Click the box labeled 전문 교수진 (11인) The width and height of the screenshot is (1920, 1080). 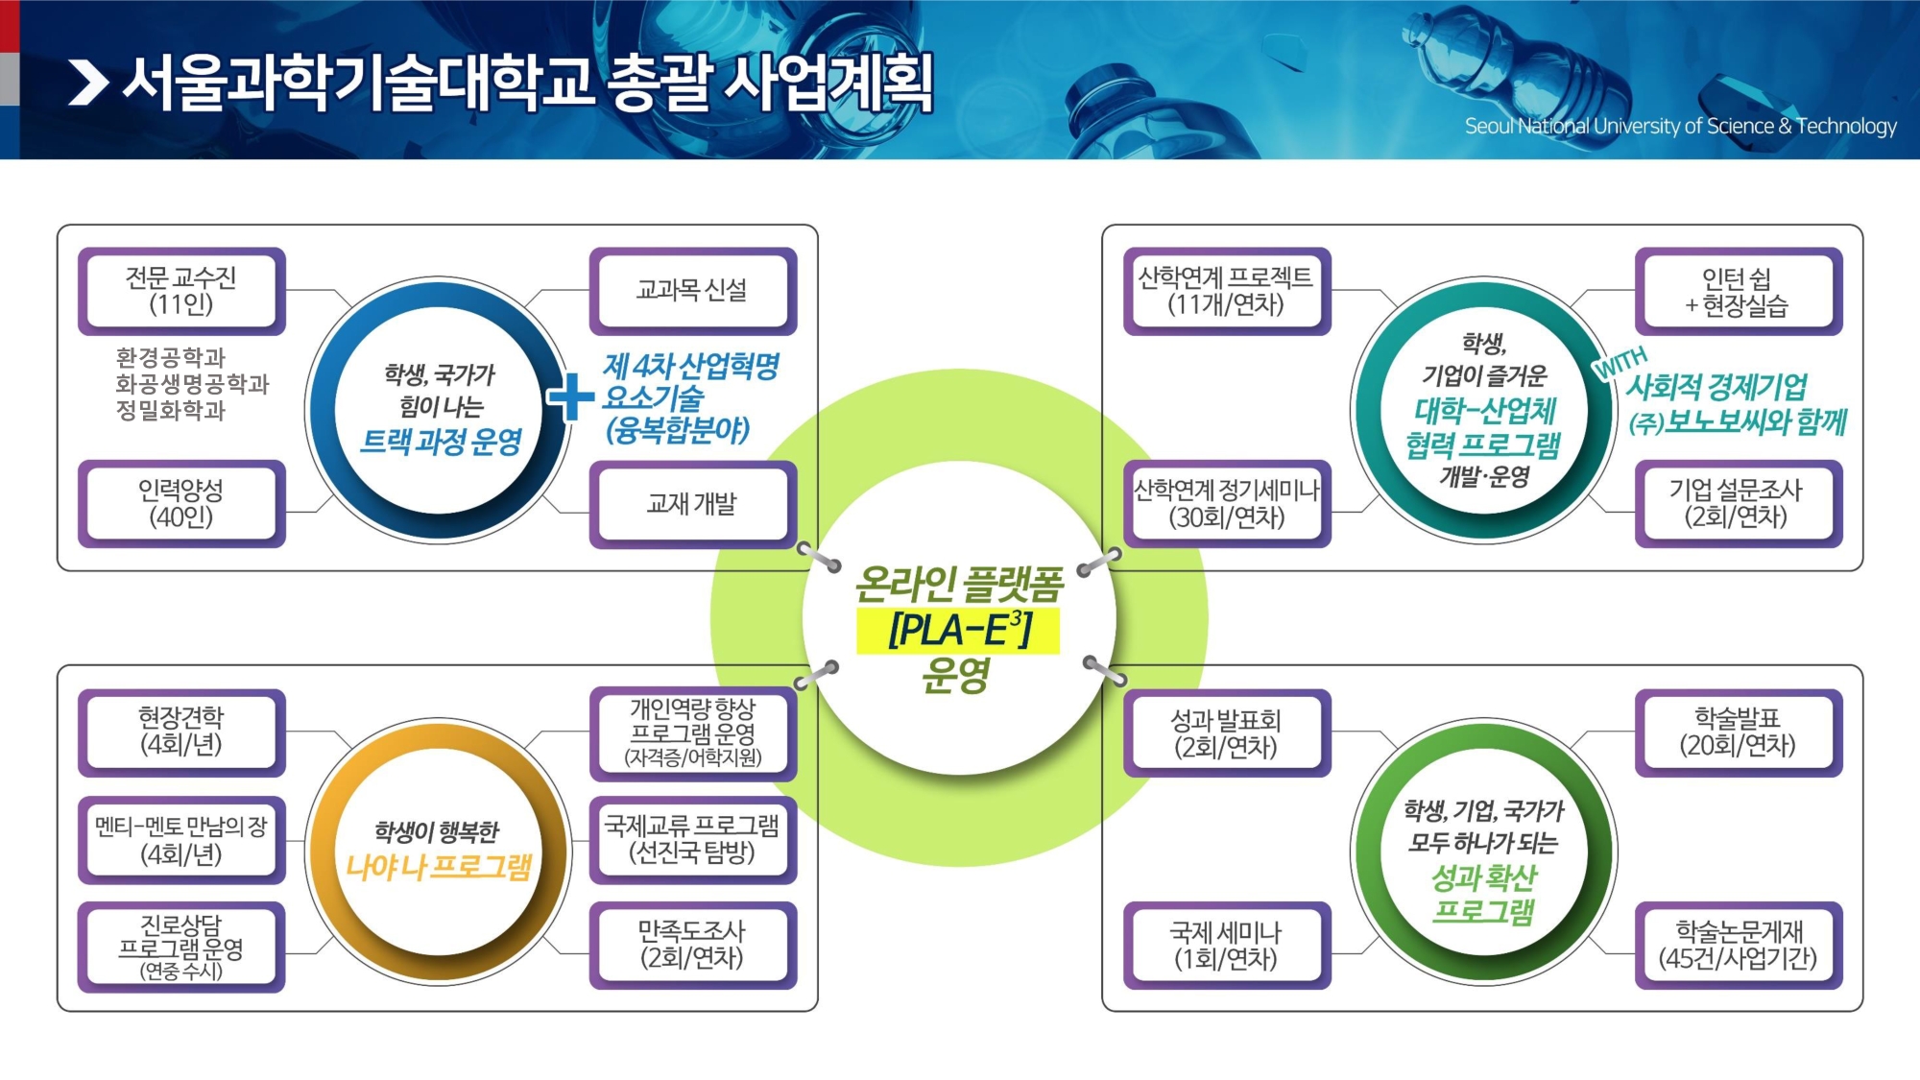[x=181, y=291]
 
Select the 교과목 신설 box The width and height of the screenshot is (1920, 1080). [x=692, y=291]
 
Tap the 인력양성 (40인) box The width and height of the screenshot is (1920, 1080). [x=181, y=504]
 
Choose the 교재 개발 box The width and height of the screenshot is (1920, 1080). [x=692, y=504]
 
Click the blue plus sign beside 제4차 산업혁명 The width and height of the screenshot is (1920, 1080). [x=571, y=396]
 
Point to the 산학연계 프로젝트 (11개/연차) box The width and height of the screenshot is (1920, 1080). [x=1226, y=291]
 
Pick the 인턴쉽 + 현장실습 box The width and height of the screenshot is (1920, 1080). [x=1738, y=291]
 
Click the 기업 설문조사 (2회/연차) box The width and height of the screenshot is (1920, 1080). [x=1738, y=504]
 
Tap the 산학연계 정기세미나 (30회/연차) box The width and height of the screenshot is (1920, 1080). [x=1226, y=504]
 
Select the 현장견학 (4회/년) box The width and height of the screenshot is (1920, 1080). [x=181, y=732]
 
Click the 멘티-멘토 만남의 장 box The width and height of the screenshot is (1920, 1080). [x=181, y=840]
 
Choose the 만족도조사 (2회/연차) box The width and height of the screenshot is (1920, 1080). [x=692, y=946]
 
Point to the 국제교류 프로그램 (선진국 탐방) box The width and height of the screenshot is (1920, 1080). [x=692, y=840]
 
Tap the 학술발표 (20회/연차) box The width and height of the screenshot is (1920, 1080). [x=1738, y=732]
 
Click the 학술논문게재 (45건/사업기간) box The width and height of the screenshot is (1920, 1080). [x=1738, y=946]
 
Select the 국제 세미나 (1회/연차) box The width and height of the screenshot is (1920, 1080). [x=1226, y=946]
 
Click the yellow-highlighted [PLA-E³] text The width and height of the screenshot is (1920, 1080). [x=958, y=631]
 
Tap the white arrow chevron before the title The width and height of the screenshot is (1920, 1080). [x=88, y=83]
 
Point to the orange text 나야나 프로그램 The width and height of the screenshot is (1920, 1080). [x=439, y=867]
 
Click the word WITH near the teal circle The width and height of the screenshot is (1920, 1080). [x=1620, y=362]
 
